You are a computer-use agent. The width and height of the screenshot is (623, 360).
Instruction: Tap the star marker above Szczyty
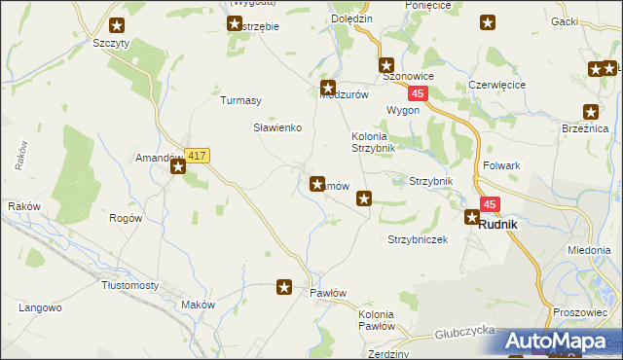click(x=118, y=26)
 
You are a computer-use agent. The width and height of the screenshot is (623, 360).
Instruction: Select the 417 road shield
click(x=197, y=156)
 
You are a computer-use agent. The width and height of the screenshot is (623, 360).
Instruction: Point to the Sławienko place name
click(x=277, y=127)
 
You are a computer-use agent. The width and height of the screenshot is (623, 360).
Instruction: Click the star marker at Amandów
click(x=179, y=167)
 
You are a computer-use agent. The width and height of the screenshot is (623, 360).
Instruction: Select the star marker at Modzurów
click(x=328, y=87)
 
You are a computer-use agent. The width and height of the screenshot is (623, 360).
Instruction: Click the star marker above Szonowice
click(x=385, y=62)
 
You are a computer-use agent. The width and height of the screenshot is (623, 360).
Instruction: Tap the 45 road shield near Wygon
click(x=418, y=92)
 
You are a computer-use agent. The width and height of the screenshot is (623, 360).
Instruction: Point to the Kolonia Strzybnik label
click(x=374, y=141)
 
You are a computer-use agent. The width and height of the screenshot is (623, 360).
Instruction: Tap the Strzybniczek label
click(x=418, y=239)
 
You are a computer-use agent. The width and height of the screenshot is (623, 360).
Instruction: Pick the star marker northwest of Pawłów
click(x=284, y=287)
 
